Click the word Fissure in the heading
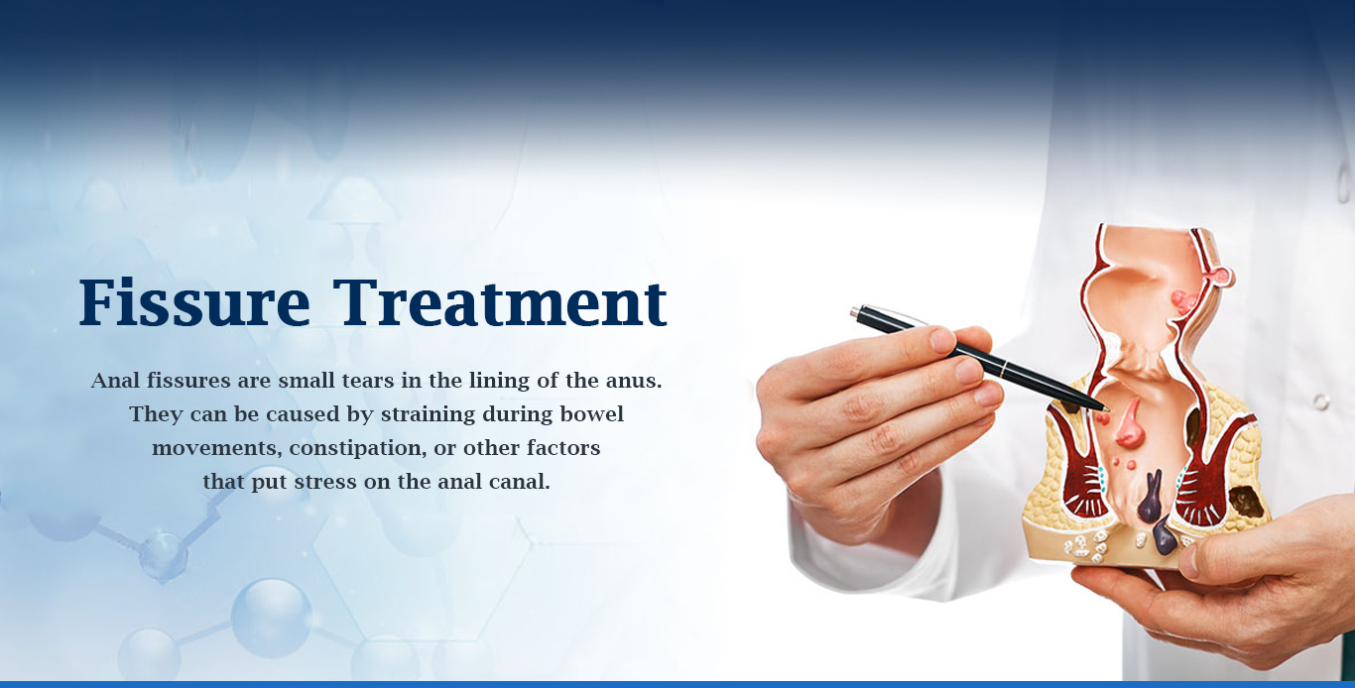pyautogui.click(x=194, y=301)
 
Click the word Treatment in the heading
pyautogui.click(x=500, y=301)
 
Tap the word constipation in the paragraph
pyautogui.click(x=356, y=449)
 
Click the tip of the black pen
pyautogui.click(x=1108, y=409)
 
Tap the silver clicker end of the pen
pyautogui.click(x=855, y=312)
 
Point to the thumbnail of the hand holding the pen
pyautogui.click(x=941, y=340)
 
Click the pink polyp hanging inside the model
pyautogui.click(x=1128, y=422)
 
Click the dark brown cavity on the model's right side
pyautogui.click(x=1247, y=502)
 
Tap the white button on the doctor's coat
pyautogui.click(x=1320, y=401)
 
